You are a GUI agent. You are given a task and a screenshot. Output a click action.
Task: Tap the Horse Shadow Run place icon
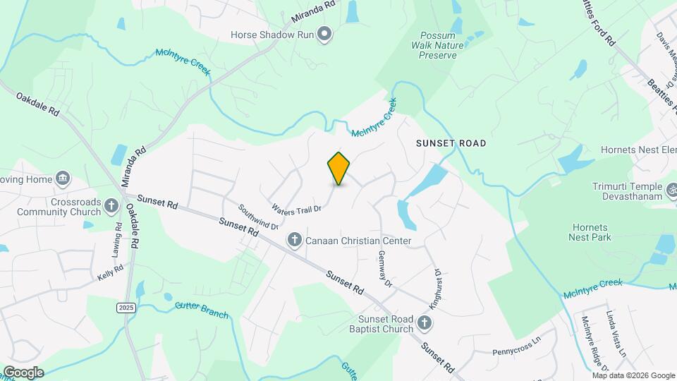pos(324,34)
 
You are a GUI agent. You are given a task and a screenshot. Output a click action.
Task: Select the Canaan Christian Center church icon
pos(295,241)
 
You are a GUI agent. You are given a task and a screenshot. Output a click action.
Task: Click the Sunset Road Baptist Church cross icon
pos(424,324)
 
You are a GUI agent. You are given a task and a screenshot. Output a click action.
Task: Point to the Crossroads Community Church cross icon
pos(111,206)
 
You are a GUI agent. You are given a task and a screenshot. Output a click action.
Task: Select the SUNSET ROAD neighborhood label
pos(451,143)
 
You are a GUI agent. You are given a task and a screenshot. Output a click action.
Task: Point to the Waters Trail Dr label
pos(296,208)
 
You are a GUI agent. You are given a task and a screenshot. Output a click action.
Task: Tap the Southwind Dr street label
pos(259,217)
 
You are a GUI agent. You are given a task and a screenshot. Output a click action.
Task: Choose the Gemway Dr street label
pos(384,268)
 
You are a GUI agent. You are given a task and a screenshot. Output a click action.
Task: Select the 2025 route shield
pos(126,308)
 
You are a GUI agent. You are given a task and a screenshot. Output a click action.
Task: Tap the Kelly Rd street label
pos(111,272)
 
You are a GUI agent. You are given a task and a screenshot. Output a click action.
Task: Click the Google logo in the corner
pos(23,372)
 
